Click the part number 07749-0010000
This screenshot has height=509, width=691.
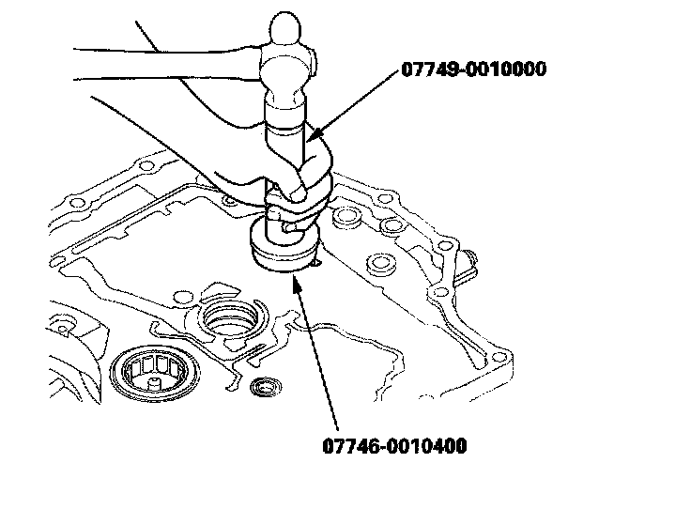[x=473, y=69]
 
